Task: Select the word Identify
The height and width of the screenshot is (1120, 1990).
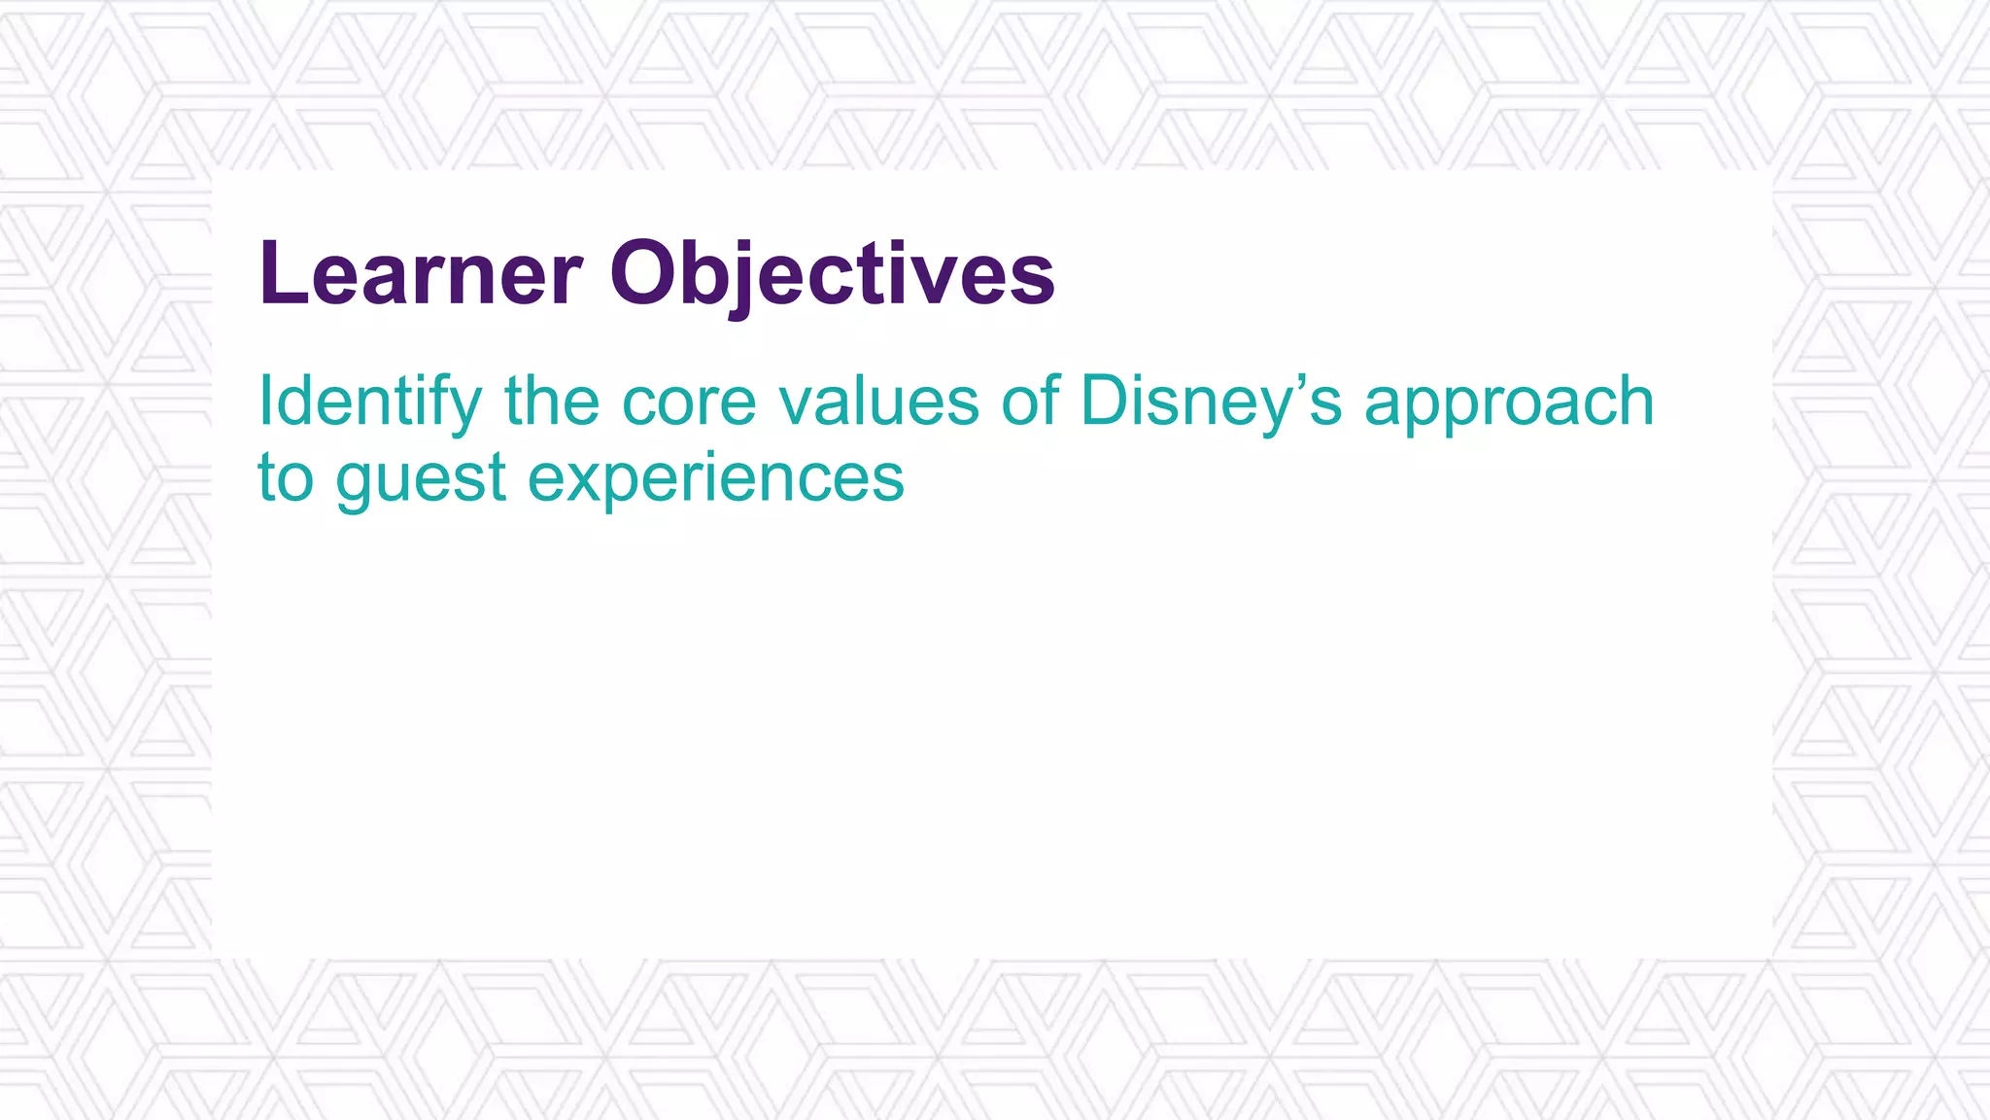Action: coord(369,402)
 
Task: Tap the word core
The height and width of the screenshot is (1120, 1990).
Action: coord(689,402)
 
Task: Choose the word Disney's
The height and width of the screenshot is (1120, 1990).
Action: coord(1211,402)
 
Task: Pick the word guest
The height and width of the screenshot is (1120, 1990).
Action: coord(421,480)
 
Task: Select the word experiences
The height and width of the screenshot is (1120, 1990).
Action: coord(716,480)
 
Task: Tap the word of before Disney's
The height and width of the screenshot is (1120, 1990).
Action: coord(1030,402)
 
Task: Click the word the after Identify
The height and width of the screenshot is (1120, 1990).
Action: coord(551,402)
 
